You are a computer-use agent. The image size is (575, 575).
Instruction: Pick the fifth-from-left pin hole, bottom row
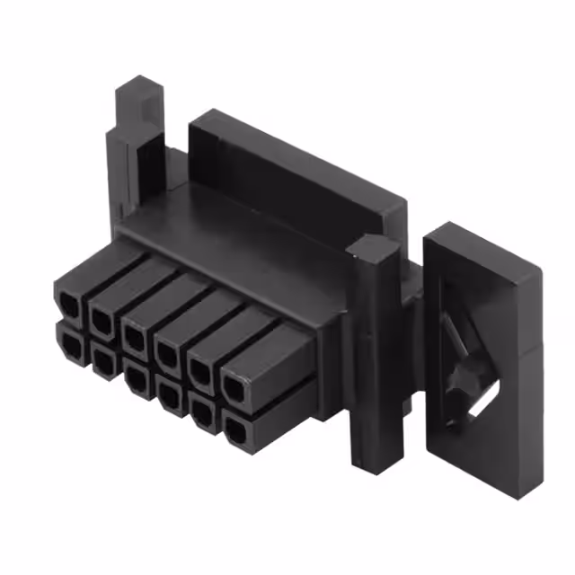pyautogui.click(x=201, y=414)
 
